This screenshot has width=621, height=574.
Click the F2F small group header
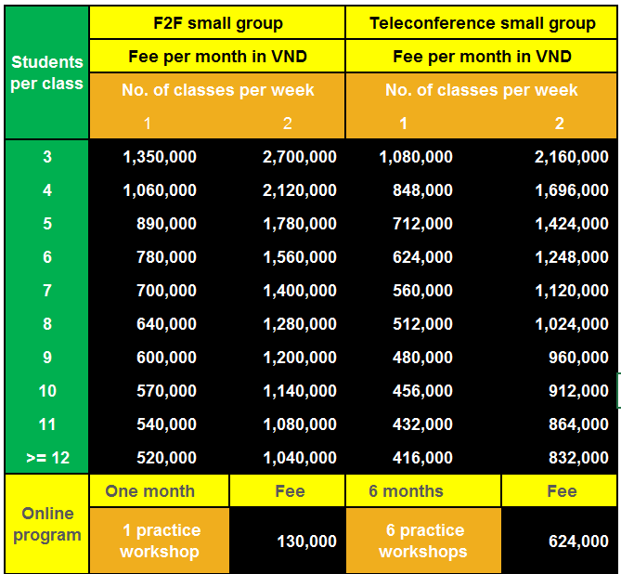tap(217, 23)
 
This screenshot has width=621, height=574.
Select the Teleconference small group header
tap(482, 23)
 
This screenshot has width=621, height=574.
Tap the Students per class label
tap(47, 72)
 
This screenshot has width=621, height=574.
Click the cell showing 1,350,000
tap(160, 157)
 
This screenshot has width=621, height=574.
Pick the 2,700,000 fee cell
tap(300, 157)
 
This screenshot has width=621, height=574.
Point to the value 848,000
tap(421, 190)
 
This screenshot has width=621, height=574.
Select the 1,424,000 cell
tap(572, 224)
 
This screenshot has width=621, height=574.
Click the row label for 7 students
tap(47, 291)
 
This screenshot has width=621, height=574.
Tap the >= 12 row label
tap(47, 457)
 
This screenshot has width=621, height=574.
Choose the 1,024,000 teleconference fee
tap(572, 324)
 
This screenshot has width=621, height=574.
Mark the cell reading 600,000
tap(166, 358)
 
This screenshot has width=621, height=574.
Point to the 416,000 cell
tap(421, 457)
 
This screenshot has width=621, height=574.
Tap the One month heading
tap(149, 491)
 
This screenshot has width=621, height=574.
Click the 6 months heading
tap(406, 491)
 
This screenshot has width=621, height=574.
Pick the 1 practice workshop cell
tap(160, 541)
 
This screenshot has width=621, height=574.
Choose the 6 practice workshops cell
tap(421, 541)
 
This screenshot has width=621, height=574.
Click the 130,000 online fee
tap(306, 541)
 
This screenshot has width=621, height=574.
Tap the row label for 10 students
tap(47, 391)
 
